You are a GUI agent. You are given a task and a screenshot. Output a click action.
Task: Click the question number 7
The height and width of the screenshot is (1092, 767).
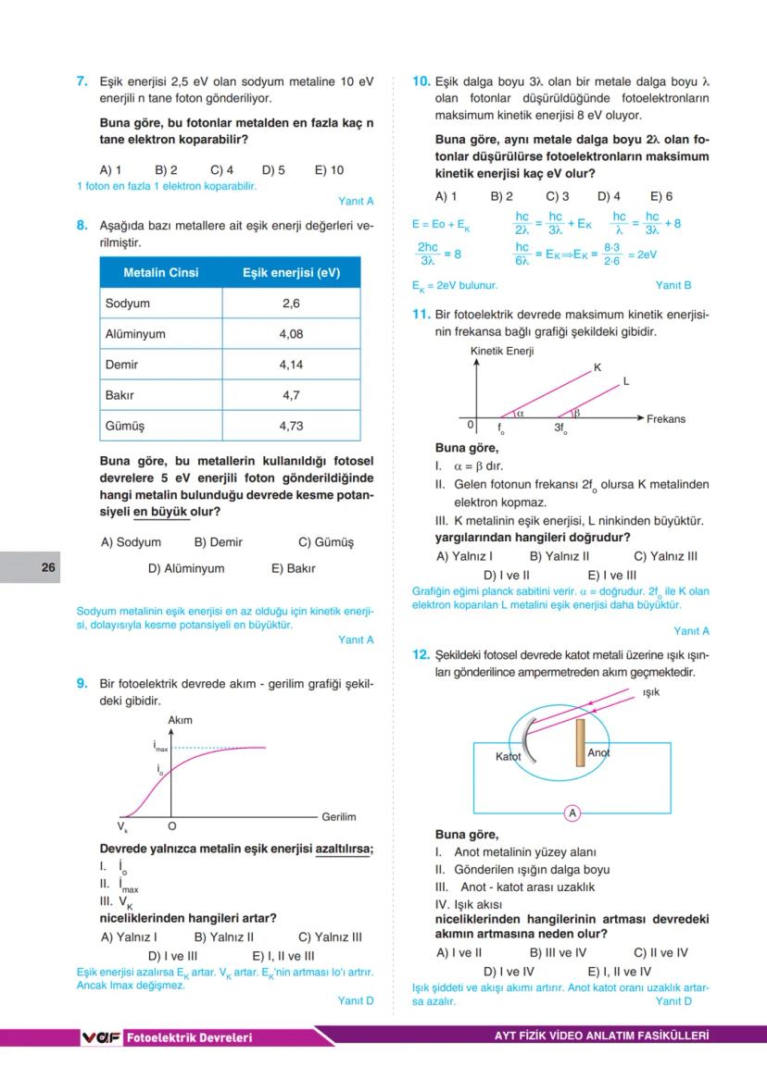tap(82, 81)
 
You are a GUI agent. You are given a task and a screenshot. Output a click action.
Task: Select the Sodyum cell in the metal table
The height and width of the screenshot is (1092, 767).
tap(128, 304)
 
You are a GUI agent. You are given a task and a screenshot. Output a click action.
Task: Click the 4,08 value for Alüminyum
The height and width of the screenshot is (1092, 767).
tap(291, 334)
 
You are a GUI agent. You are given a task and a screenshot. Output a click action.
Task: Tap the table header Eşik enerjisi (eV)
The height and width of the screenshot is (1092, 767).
tap(291, 273)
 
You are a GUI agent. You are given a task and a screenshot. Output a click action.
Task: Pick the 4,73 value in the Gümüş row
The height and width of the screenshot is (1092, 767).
tap(291, 427)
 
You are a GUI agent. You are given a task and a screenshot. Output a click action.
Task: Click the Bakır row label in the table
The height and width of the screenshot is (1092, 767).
tap(119, 395)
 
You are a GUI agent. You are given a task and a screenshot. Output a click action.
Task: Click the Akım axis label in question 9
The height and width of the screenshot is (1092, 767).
tap(181, 720)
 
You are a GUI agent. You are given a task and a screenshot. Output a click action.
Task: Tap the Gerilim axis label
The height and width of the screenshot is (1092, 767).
tap(338, 817)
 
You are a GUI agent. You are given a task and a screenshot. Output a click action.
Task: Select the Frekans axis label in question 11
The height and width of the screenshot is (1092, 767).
tap(666, 419)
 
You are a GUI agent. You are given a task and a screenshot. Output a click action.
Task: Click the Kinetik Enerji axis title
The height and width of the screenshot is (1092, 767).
tap(502, 352)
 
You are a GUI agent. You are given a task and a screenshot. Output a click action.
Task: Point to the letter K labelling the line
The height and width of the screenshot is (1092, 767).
tap(597, 367)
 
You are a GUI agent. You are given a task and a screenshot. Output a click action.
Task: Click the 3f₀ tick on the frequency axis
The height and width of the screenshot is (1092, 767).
tap(560, 428)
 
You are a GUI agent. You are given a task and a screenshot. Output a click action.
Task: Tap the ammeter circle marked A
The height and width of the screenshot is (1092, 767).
tap(572, 813)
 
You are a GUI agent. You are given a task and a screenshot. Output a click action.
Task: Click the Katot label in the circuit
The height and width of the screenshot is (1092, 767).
tap(509, 756)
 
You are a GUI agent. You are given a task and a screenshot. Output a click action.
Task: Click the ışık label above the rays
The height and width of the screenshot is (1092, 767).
tap(651, 692)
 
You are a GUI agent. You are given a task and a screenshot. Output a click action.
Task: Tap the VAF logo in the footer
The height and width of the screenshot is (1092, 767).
tap(101, 1037)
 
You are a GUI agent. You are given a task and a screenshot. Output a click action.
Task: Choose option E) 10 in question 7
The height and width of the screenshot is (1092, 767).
tap(329, 170)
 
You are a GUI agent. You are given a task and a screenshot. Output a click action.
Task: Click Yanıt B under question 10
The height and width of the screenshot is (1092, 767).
tap(673, 286)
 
